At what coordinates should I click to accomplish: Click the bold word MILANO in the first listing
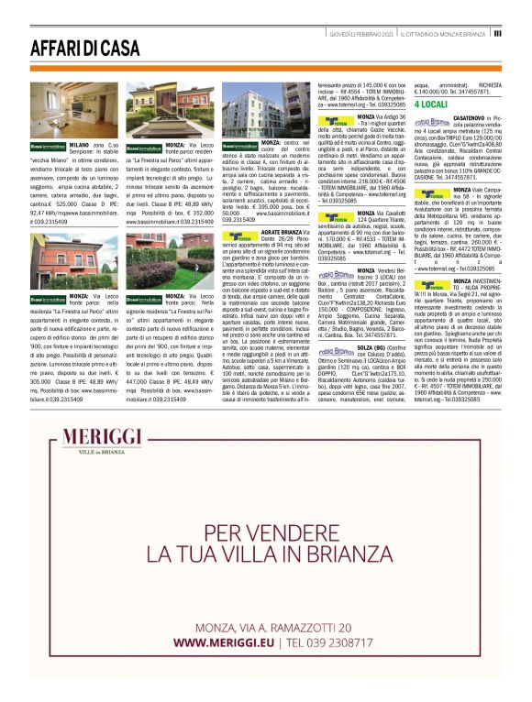(79, 146)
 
